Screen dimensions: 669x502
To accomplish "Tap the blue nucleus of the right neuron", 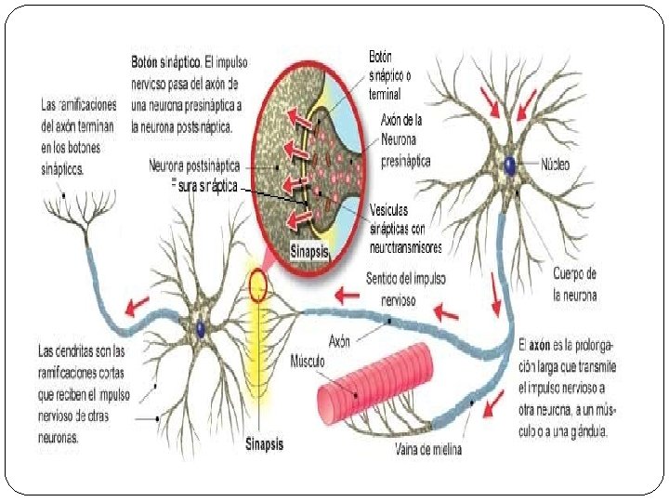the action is [x=510, y=165].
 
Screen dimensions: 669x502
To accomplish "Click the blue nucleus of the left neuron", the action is [x=201, y=326].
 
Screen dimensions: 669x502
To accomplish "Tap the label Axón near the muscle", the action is [x=339, y=341].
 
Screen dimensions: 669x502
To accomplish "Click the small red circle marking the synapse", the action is [x=256, y=288].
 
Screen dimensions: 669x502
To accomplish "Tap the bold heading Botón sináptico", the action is [x=165, y=60].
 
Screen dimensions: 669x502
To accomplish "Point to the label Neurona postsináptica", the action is [x=194, y=165].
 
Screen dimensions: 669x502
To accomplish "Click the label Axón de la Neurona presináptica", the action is [x=405, y=139].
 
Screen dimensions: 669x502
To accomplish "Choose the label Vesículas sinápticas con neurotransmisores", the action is [x=405, y=229].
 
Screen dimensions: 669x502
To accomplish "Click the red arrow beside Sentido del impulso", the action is [x=347, y=295].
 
